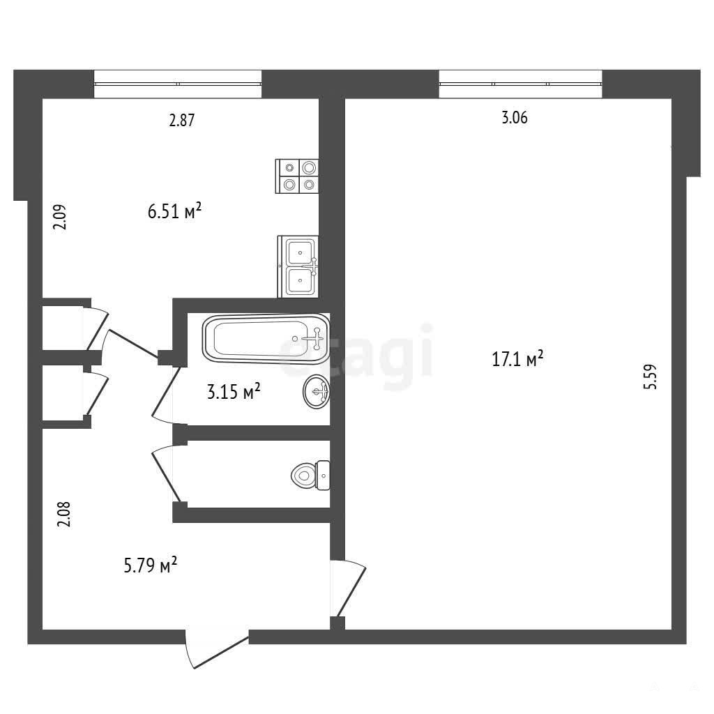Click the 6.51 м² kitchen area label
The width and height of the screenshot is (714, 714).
[x=174, y=211]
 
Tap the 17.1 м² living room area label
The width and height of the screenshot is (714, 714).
[x=517, y=359]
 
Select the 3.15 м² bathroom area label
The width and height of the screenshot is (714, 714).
[x=234, y=392]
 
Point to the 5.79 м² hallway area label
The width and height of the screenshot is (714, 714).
[x=151, y=565]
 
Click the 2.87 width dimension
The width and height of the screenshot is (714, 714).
[x=182, y=120]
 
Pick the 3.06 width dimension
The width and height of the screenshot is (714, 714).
[x=515, y=118]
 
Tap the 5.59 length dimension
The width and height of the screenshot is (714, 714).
[x=651, y=376]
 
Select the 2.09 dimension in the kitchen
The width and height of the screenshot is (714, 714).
[x=60, y=217]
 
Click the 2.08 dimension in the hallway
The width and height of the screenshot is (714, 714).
[x=63, y=514]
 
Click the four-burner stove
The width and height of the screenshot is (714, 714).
[x=297, y=176]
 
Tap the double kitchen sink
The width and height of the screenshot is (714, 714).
[x=298, y=266]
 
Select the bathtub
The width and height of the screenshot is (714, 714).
[x=266, y=339]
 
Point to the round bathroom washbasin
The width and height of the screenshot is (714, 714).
[x=317, y=392]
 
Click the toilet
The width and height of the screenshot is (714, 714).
[x=310, y=476]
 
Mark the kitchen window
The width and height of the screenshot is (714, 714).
[x=178, y=84]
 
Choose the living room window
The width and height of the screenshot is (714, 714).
[x=520, y=84]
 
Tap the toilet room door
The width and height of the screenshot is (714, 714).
[x=166, y=473]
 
